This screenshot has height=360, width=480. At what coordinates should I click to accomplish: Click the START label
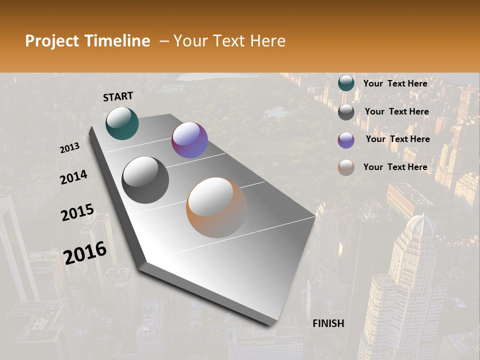click(x=118, y=96)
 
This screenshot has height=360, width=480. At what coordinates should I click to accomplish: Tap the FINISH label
click(x=328, y=323)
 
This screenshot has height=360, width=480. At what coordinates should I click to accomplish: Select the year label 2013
click(x=70, y=147)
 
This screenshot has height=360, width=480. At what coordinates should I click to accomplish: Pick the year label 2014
click(x=74, y=177)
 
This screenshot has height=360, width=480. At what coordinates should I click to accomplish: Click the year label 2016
click(x=85, y=253)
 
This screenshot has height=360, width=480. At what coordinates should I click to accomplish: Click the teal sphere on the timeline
click(x=122, y=123)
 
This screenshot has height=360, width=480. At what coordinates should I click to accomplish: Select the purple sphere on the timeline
click(x=189, y=140)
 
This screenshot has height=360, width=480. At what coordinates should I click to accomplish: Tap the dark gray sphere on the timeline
click(x=145, y=179)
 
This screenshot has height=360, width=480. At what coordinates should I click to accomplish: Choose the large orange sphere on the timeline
click(x=216, y=207)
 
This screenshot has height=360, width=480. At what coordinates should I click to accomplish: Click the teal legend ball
click(x=346, y=83)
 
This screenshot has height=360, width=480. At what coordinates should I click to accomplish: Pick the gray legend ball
click(x=346, y=112)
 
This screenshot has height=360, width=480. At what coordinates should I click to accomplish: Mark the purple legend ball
click(x=346, y=139)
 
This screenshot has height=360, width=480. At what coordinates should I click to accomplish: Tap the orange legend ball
click(x=346, y=167)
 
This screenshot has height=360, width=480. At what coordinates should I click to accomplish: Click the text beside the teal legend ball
click(x=395, y=83)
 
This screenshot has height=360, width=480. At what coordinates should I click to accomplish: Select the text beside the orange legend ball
click(x=395, y=167)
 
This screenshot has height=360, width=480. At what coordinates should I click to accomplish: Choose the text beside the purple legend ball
click(x=397, y=139)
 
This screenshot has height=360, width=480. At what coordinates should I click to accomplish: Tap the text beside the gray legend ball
click(x=396, y=111)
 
